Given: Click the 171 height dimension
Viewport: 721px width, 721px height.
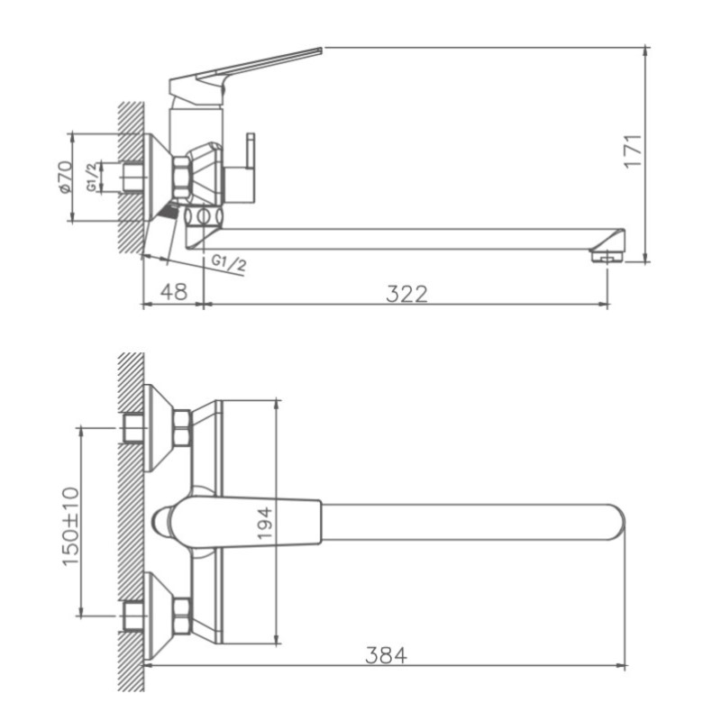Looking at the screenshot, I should coord(634,151).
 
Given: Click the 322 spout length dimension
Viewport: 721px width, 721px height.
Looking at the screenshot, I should coord(406,293).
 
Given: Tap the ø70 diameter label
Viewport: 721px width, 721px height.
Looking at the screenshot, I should coord(63,177).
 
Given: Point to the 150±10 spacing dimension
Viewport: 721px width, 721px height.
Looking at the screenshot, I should coord(70,526).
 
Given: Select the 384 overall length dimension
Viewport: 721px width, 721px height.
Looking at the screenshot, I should coord(386,655).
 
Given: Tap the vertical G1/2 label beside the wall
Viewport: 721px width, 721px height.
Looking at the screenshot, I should coord(93,177).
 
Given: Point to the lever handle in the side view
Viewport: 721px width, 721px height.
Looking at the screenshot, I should coord(261,66).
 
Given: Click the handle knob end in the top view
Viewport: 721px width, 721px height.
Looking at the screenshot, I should coord(164,523).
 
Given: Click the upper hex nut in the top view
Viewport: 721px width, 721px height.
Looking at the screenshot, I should coord(181,425).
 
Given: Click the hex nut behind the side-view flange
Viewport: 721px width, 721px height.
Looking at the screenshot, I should coord(181,175).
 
